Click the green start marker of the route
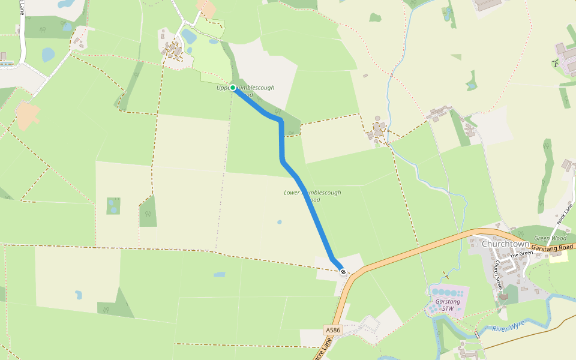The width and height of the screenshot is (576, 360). coord(233,88)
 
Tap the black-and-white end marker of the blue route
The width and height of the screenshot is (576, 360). coord(343,272)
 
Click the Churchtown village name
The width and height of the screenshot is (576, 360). coord(505,244)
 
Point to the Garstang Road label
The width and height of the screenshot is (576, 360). coord(553,247)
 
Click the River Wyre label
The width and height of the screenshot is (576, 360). coord(508,326)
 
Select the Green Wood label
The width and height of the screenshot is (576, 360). coord(550,238)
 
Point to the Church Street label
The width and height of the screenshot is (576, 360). coord(497,275)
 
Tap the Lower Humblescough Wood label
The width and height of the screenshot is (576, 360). coord(312,196)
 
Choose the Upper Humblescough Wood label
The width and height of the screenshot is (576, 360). coord(245,91)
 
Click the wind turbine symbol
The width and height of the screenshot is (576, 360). coord(554,62)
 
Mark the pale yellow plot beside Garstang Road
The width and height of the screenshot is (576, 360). coord(558,257)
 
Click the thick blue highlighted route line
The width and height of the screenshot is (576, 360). coord(282,144)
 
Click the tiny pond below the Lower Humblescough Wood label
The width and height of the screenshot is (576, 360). coord(280,222)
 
